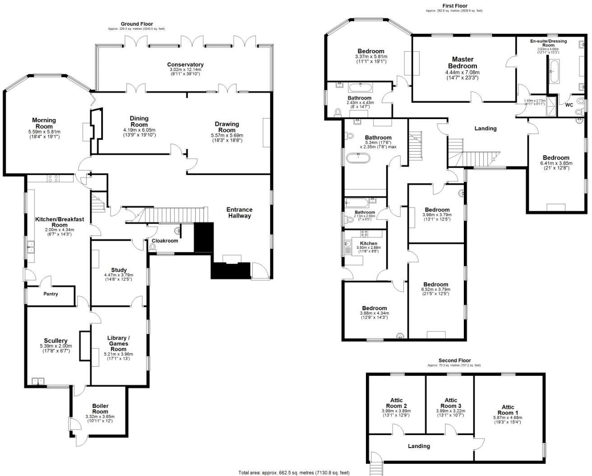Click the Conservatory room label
pos(185,65)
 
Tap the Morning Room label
pos(44,123)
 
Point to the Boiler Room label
pos(100,408)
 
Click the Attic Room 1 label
pos(505,410)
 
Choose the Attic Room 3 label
pos(450,403)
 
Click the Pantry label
pos(51,294)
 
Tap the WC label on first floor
pos(569,105)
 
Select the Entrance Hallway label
pos(239,212)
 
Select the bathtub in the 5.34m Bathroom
pos(358,158)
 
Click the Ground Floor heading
pos(137,24)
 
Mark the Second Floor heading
pos(454,360)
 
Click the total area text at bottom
pos(294,472)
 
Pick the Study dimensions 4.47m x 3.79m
pos(119,275)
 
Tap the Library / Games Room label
pos(119,343)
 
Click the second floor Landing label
pos(419,446)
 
